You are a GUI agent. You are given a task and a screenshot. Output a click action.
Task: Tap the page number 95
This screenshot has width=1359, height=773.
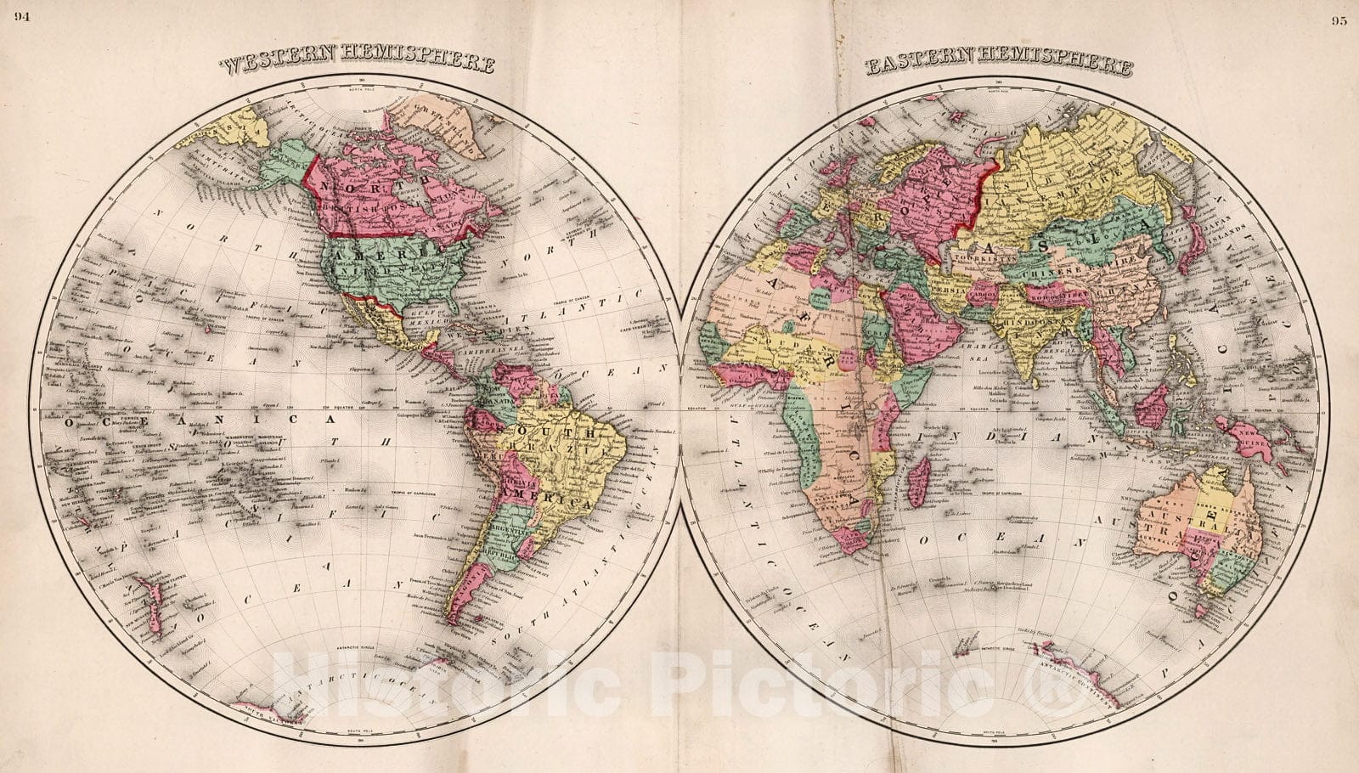pos(1339,22)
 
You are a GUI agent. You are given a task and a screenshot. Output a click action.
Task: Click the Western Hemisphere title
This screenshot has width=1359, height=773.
pos(358,65)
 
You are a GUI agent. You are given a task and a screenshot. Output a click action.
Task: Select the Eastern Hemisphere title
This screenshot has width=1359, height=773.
pos(999,66)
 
